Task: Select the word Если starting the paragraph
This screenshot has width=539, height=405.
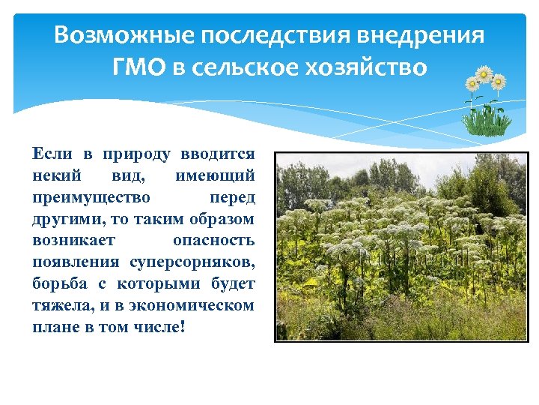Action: coord(52,154)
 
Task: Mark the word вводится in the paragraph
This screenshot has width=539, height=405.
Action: coord(218,154)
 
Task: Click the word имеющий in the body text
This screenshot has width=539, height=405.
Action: coord(216,175)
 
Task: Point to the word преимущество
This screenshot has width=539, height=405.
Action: coord(91,198)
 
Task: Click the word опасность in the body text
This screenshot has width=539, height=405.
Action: coord(213,241)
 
